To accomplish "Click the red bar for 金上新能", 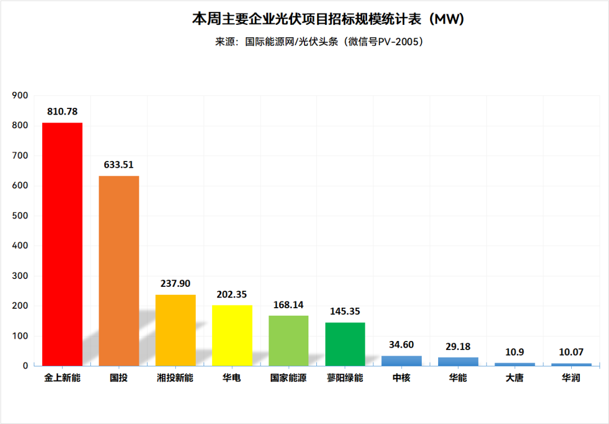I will pyautogui.click(x=62, y=244).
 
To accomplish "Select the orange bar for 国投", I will pyautogui.click(x=119, y=271).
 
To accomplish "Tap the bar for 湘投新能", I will pyautogui.click(x=175, y=330).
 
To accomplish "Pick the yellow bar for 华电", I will pyautogui.click(x=232, y=335).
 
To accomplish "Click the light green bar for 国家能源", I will pyautogui.click(x=288, y=340).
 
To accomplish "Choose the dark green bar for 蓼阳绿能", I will pyautogui.click(x=345, y=344).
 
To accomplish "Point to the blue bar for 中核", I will pyautogui.click(x=401, y=361).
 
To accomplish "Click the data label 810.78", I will pyautogui.click(x=62, y=111).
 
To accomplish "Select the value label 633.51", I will pyautogui.click(x=118, y=165).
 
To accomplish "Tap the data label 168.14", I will pyautogui.click(x=288, y=305).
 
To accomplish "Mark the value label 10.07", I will pyautogui.click(x=571, y=352).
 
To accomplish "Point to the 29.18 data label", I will pyautogui.click(x=458, y=347).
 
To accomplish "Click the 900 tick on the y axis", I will pyautogui.click(x=20, y=95).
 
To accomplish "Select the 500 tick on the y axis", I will pyautogui.click(x=20, y=216).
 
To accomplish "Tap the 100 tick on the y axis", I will pyautogui.click(x=20, y=336).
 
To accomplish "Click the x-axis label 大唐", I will pyautogui.click(x=514, y=378).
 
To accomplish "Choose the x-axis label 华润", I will pyautogui.click(x=571, y=378).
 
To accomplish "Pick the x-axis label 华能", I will pyautogui.click(x=458, y=378).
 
